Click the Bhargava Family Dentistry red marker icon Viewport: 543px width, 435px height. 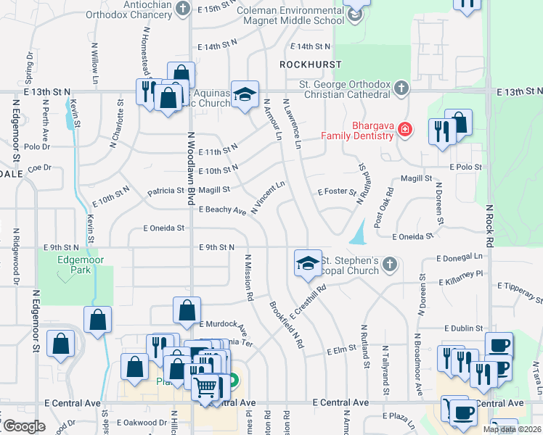pos(404,130)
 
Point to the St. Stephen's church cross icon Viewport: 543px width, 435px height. pos(390,265)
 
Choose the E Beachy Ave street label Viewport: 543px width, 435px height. pos(222,210)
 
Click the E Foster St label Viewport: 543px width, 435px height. pos(338,193)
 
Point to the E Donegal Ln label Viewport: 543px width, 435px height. pos(460,257)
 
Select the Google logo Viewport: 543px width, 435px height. pos(23,426)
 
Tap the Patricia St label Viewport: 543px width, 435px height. pos(166,191)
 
